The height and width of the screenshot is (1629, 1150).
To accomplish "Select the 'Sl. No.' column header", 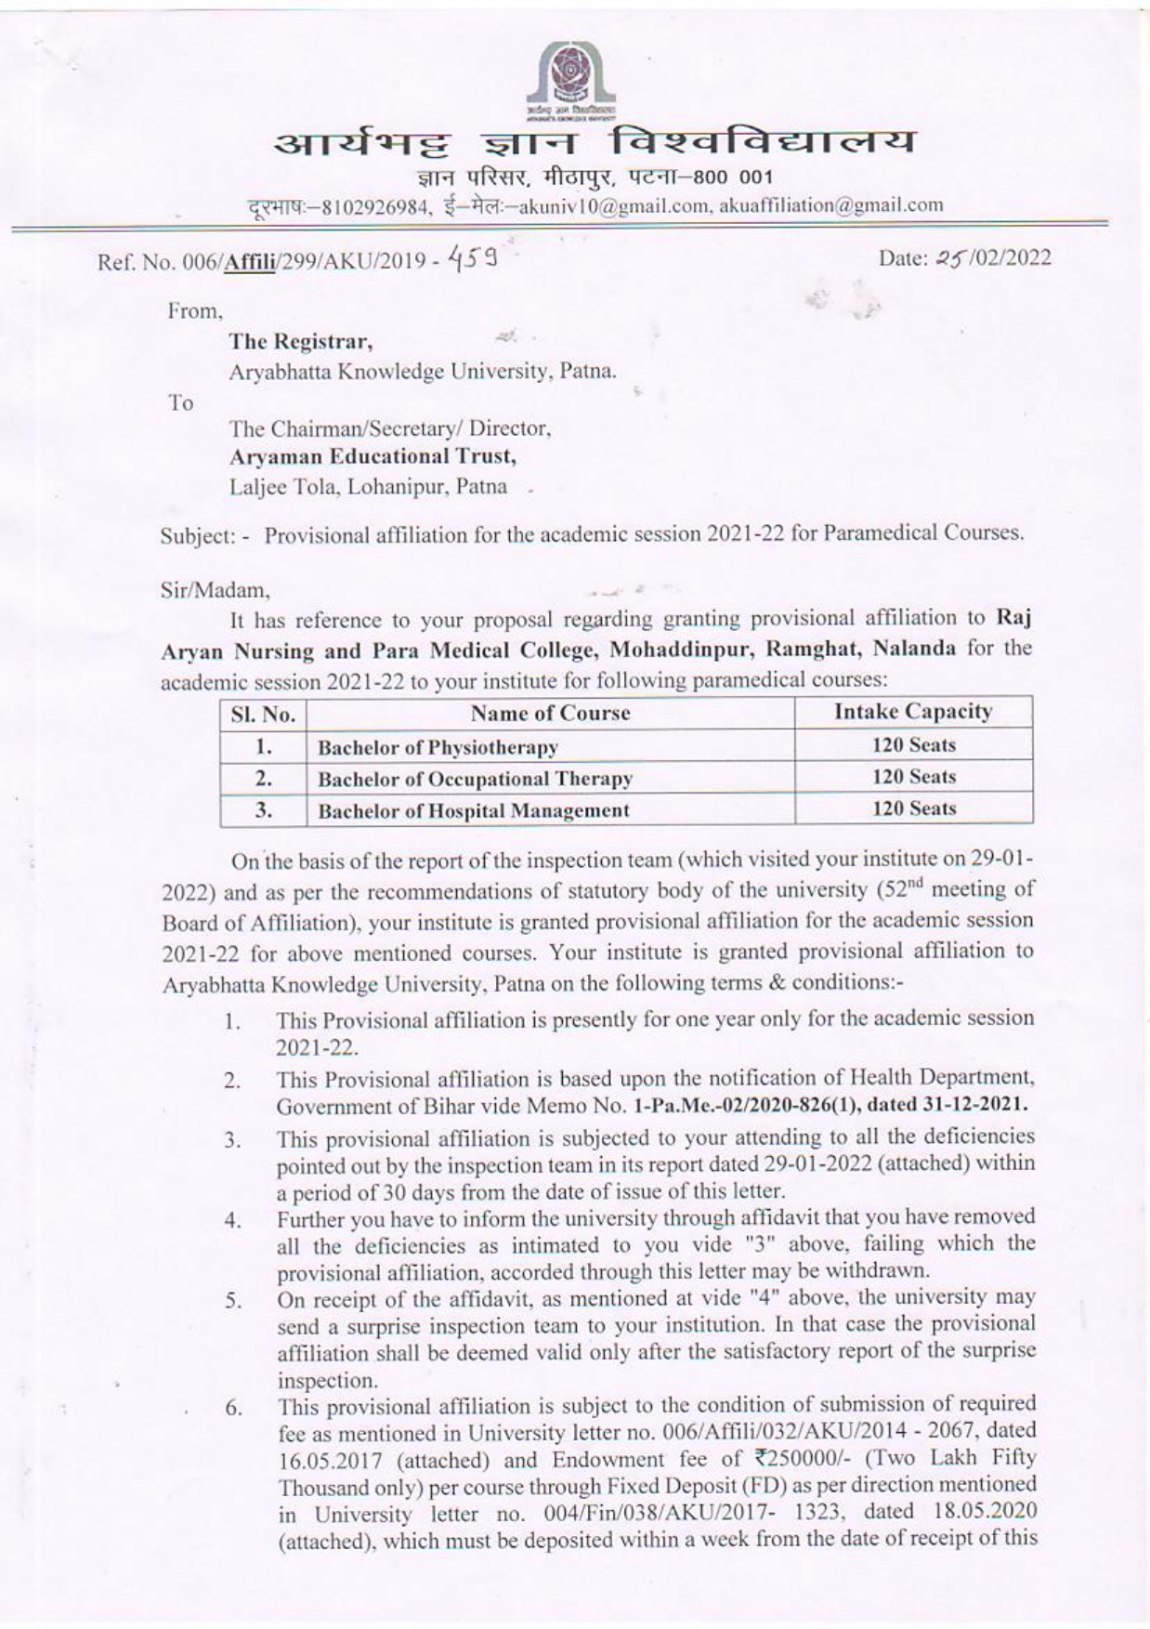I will point(263,715).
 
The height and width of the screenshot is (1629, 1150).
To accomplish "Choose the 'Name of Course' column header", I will point(550,713).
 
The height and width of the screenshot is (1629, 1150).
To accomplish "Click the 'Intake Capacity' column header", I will point(912,712).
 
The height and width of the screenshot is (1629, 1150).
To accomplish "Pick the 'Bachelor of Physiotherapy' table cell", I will point(438,747).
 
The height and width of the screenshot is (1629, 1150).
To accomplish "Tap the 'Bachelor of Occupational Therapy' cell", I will point(475,779).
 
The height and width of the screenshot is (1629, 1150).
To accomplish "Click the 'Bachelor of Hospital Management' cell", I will point(473,810).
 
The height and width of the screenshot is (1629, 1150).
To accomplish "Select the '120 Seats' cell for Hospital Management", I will point(913,808).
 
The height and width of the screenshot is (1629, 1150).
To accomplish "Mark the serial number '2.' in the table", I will point(263,778).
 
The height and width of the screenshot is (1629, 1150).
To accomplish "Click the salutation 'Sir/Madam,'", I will point(215,590).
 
